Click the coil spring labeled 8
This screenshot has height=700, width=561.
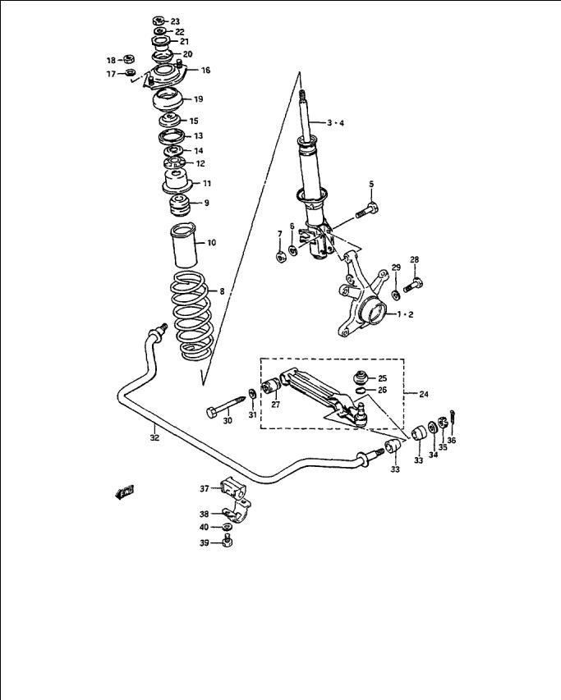pyautogui.click(x=191, y=315)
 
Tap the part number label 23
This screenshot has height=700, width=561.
pyautogui.click(x=175, y=21)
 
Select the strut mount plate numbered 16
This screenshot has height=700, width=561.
pyautogui.click(x=165, y=75)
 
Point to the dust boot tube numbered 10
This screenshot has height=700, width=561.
pyautogui.click(x=183, y=245)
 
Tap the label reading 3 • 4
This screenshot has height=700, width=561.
pyautogui.click(x=335, y=123)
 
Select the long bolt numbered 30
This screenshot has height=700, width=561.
pyautogui.click(x=226, y=405)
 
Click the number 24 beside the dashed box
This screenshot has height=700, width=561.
pyautogui.click(x=424, y=394)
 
